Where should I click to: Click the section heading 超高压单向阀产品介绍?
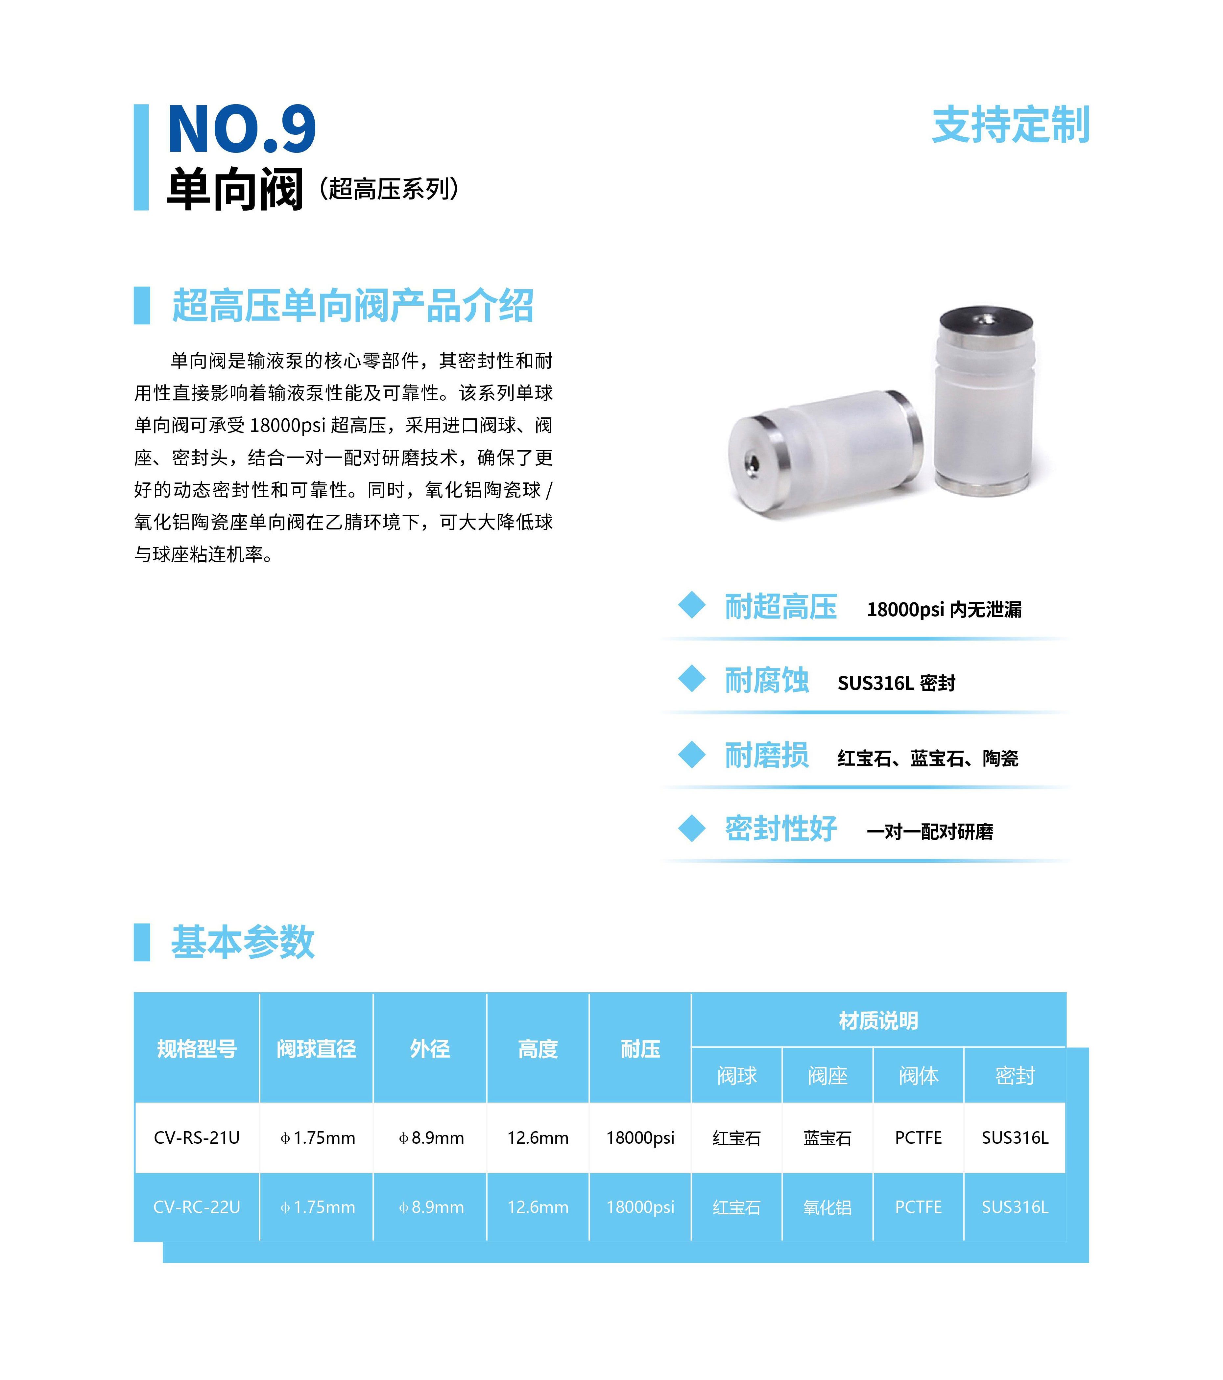[352, 306]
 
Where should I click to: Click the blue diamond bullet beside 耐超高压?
[691, 605]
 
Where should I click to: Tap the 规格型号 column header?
[197, 1048]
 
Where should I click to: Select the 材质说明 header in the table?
[878, 1020]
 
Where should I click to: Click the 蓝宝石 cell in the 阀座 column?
[827, 1138]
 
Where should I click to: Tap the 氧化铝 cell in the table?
[827, 1207]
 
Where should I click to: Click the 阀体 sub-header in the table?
[919, 1076]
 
